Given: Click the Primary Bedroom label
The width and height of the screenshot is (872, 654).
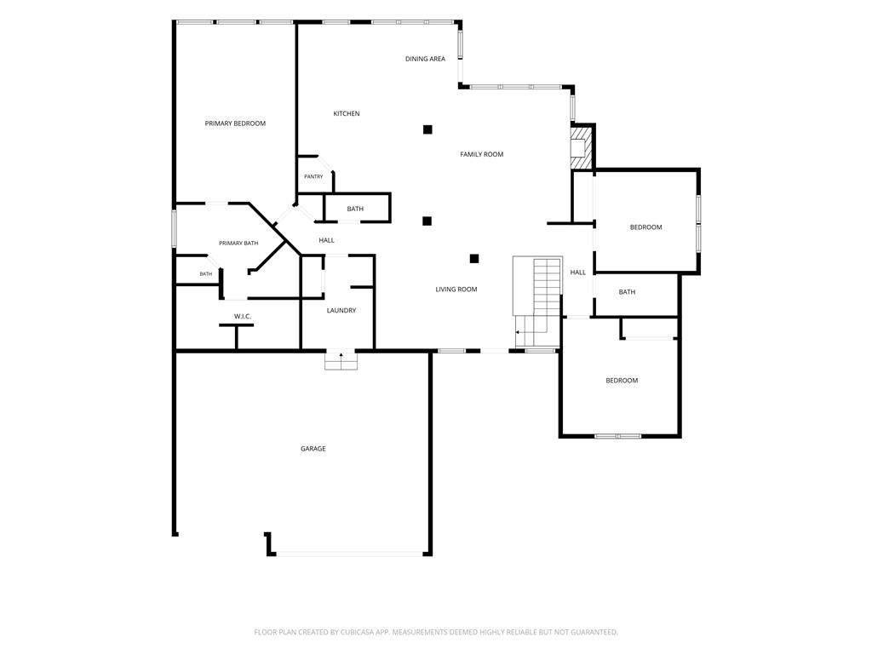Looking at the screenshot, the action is pos(235,123).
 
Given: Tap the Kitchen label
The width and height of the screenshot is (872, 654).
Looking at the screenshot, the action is pos(347,113).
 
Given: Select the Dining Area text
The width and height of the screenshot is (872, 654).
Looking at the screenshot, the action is pos(426,59).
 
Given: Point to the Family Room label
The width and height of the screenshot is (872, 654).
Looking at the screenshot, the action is pos(482,154).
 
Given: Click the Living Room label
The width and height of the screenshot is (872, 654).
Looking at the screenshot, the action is pos(456,290).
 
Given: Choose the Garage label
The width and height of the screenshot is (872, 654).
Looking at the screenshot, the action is pos(313,448).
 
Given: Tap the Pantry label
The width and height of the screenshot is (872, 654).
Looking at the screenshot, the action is pos(313,176).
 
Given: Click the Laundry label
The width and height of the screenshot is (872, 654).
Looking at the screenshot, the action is pos(341,310).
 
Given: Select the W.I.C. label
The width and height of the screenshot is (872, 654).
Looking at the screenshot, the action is pos(243,317).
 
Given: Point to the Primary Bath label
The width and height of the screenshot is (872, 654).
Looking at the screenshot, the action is pos(238,243).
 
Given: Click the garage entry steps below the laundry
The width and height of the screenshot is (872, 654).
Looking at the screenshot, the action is pos(341,361).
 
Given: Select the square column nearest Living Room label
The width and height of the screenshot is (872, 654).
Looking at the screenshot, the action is pos(474,259).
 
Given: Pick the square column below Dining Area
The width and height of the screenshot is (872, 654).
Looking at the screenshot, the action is pos(427,129).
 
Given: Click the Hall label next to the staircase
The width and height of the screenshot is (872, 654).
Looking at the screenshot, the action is pos(578,272).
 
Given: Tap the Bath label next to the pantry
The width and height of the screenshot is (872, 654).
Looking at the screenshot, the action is pos(355,209).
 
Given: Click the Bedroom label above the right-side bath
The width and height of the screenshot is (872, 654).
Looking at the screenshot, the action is pos(645,227).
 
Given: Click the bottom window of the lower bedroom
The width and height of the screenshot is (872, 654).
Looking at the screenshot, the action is pos(618,436).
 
